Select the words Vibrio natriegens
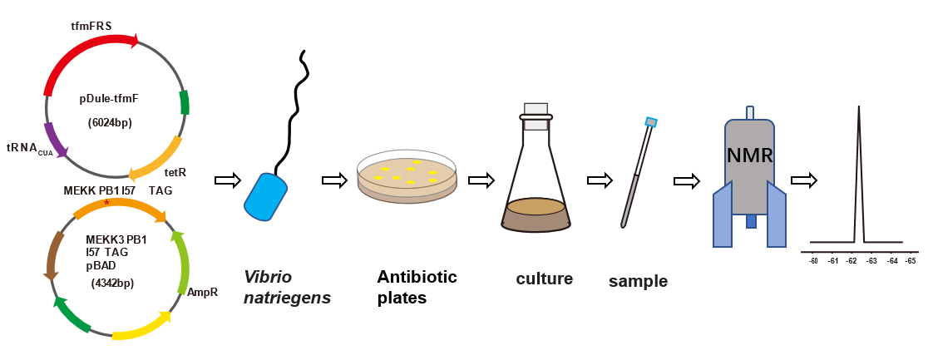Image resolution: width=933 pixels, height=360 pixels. tap(287, 286)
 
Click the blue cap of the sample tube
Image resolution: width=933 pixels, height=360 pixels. tap(651, 122)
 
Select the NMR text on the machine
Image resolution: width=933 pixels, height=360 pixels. tap(749, 155)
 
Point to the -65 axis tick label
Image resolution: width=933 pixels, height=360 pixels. tap(911, 261)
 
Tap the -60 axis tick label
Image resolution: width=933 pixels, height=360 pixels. tap(813, 261)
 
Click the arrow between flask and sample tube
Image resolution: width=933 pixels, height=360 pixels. tap(600, 180)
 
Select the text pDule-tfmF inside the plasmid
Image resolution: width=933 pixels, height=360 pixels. tap(109, 98)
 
